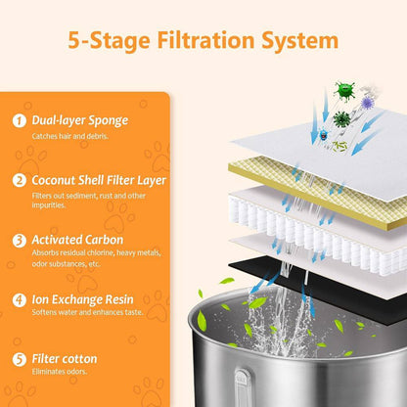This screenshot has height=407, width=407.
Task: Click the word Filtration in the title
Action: [x=205, y=40]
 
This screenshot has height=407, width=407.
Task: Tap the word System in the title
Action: [x=299, y=41]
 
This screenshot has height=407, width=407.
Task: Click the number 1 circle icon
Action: [x=20, y=120]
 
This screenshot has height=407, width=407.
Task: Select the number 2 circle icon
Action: [x=20, y=180]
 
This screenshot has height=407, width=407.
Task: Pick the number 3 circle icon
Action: [x=20, y=241]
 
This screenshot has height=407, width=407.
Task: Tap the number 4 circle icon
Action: [x=20, y=300]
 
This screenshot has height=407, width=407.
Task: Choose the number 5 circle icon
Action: [x=20, y=359]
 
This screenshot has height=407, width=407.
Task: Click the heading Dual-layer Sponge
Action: [x=80, y=120]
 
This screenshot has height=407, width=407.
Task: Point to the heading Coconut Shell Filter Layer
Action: [x=99, y=180]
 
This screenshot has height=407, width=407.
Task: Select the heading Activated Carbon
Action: [x=77, y=240]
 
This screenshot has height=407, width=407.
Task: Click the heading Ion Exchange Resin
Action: [x=82, y=299]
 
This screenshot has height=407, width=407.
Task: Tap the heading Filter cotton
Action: [x=65, y=359]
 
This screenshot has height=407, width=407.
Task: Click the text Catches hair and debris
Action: [x=70, y=136]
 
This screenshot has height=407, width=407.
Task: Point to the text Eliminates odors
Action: [x=60, y=372]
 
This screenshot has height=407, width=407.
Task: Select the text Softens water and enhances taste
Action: [x=87, y=312]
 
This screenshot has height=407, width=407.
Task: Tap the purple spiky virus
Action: [x=367, y=103]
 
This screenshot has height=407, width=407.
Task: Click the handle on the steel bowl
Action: [x=243, y=388]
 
